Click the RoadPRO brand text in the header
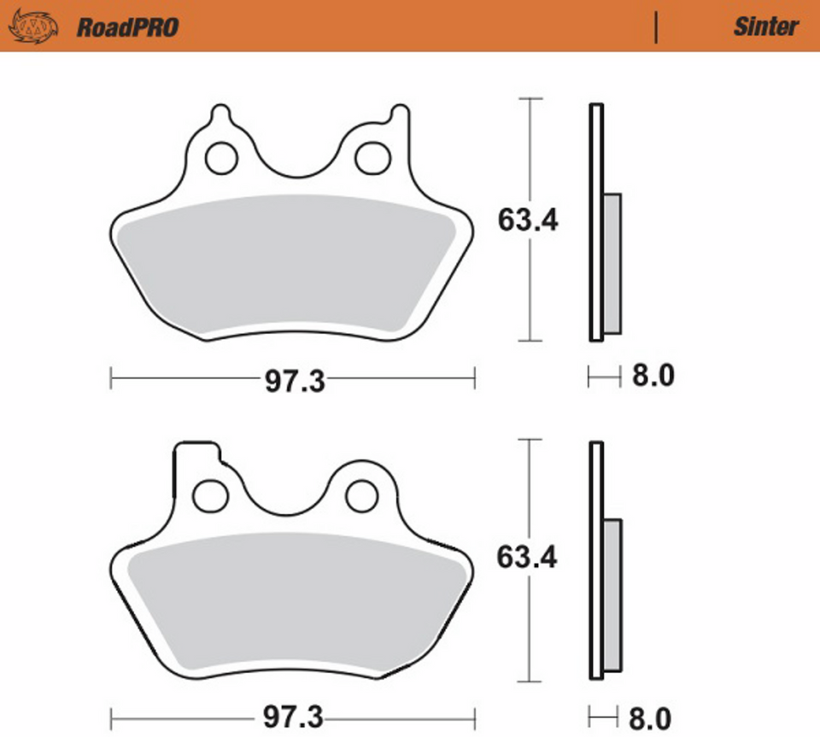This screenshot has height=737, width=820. (127, 27)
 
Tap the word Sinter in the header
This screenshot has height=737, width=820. (765, 26)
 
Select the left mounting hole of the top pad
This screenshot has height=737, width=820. (221, 158)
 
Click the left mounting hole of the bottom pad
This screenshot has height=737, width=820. (209, 495)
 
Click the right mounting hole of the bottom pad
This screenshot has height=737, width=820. (360, 495)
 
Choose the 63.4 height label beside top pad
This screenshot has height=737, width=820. (528, 220)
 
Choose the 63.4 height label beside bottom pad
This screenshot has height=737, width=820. (527, 558)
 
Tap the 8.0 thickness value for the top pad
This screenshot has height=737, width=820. (653, 376)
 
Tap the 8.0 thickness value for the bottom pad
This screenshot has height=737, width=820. (653, 716)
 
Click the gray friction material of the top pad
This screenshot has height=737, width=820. (286, 265)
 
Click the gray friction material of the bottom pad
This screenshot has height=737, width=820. (295, 602)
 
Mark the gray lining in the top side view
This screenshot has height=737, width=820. (612, 263)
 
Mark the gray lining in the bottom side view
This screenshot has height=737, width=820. (612, 594)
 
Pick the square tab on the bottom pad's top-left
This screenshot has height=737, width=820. (196, 453)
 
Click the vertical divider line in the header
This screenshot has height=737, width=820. (656, 27)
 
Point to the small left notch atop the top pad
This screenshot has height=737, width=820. (220, 114)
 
